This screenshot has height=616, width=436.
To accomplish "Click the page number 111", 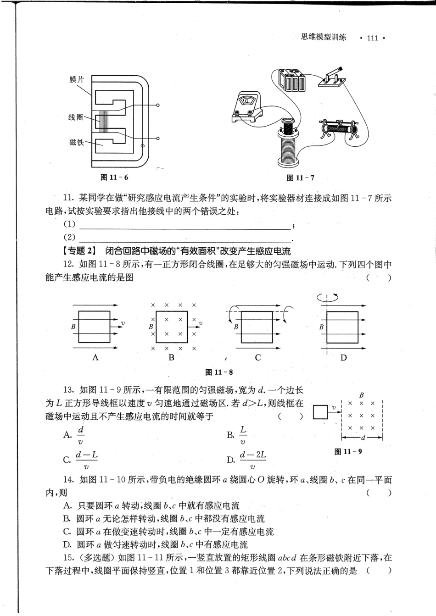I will coord(372,38).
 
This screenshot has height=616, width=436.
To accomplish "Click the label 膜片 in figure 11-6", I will coord(77,80).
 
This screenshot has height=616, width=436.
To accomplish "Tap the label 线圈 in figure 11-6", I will coord(76,118).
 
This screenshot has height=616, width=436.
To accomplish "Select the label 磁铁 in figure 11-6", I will coord(77,142).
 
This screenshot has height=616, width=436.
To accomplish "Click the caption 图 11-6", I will coord(114,177).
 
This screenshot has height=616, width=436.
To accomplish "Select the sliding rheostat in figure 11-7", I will coord(340,128).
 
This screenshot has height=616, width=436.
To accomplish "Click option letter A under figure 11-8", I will coord(95,357).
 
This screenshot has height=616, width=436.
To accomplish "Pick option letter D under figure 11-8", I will coord(343,358).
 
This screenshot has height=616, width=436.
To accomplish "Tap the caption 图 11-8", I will coord(219,372).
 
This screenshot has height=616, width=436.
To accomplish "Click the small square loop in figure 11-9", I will coord(320,411).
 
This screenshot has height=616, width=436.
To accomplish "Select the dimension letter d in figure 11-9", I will coord(363,438).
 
